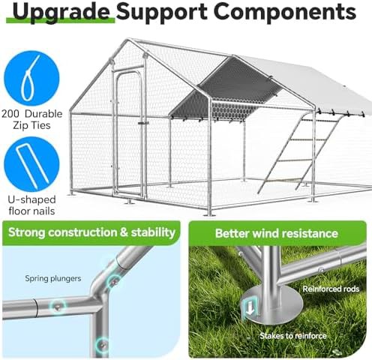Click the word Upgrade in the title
pyautogui.click(x=61, y=13)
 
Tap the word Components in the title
pyautogui.click(x=285, y=11)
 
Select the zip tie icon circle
pyautogui.click(x=31, y=78)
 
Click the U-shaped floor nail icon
pyautogui.click(x=31, y=164)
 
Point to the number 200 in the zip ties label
pyautogui.click(x=10, y=114)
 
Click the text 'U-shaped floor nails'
pyautogui.click(x=31, y=205)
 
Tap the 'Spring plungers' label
pyautogui.click(x=53, y=278)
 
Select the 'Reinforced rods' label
pyautogui.click(x=331, y=289)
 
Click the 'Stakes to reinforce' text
pyautogui.click(x=293, y=335)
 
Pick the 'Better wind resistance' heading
pyautogui.click(x=277, y=233)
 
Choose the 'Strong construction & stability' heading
pyautogui.click(x=91, y=232)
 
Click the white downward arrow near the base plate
pyautogui.click(x=250, y=308)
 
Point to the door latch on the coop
pyautogui.click(x=143, y=123)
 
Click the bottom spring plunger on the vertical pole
pyautogui.click(x=103, y=345)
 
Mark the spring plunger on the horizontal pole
pyautogui.click(x=58, y=306)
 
